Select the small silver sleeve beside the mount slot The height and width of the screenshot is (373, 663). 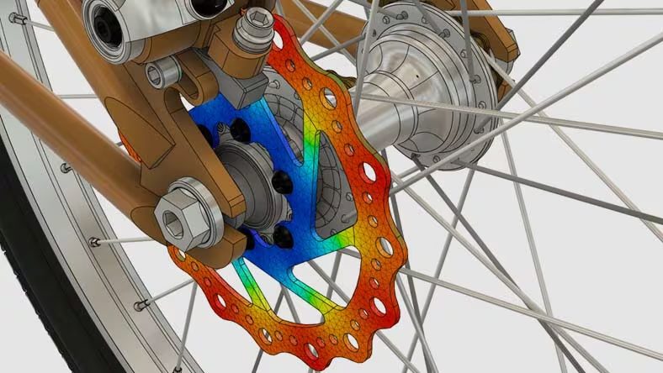[160, 74]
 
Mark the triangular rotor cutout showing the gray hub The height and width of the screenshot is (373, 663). [332, 185]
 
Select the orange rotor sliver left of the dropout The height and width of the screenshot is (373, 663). [133, 152]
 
